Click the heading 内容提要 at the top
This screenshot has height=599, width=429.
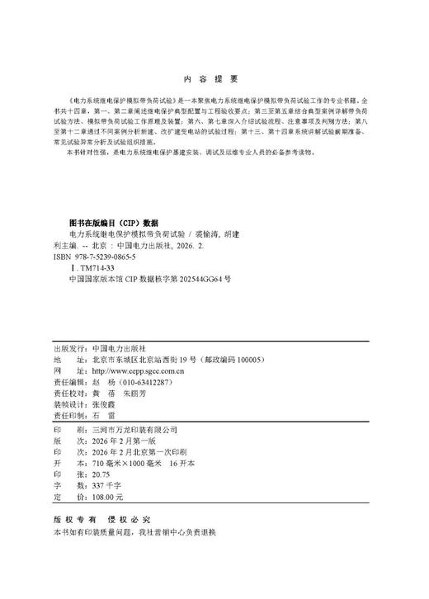(x=214, y=79)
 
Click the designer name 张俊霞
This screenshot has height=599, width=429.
(x=105, y=407)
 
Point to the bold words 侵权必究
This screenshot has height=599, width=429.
(x=125, y=521)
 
